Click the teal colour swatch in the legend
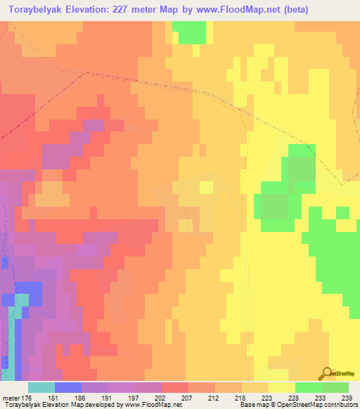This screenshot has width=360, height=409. [41, 387]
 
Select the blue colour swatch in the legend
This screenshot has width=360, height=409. [68, 387]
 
